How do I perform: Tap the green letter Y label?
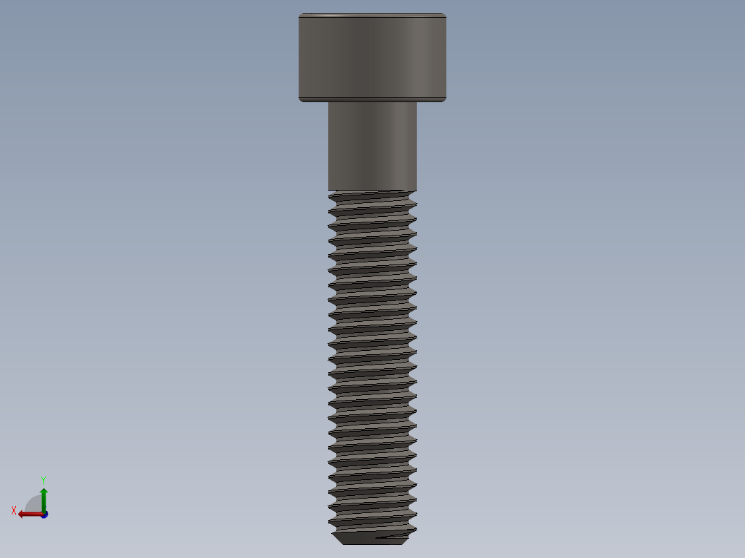(x=43, y=479)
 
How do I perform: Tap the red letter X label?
(x=14, y=511)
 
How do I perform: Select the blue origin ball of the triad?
(x=44, y=514)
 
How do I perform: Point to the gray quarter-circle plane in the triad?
(x=35, y=504)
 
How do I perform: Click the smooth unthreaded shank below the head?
(x=372, y=145)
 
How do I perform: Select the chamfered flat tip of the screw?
(x=372, y=538)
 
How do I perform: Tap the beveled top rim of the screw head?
(x=372, y=15)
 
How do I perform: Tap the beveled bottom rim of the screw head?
(x=372, y=99)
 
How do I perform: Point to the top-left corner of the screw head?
(x=300, y=15)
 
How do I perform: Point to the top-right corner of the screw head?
(x=445, y=15)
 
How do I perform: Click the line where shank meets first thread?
(x=372, y=191)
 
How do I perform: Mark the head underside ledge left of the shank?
(x=314, y=102)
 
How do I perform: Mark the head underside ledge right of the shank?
(x=431, y=102)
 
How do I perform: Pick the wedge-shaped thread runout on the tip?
(x=394, y=535)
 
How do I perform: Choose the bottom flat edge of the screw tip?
(x=372, y=544)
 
